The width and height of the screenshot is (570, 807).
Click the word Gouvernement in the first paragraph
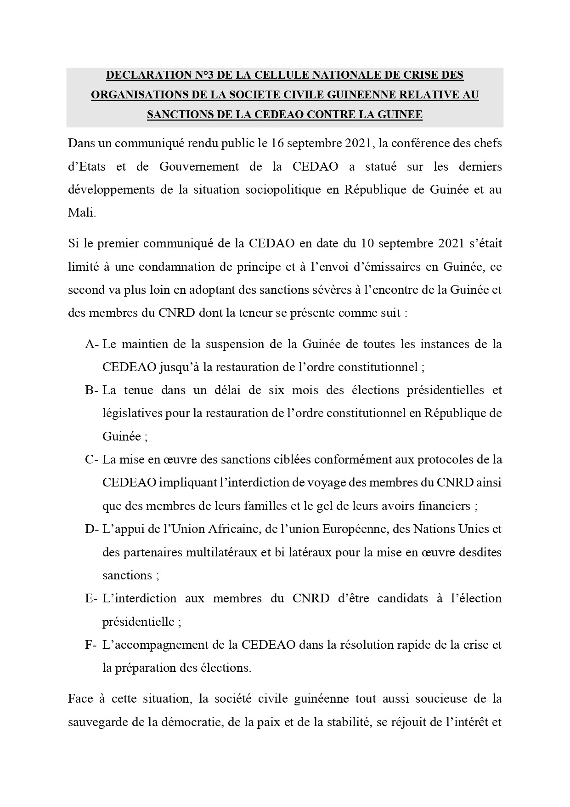(199, 166)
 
